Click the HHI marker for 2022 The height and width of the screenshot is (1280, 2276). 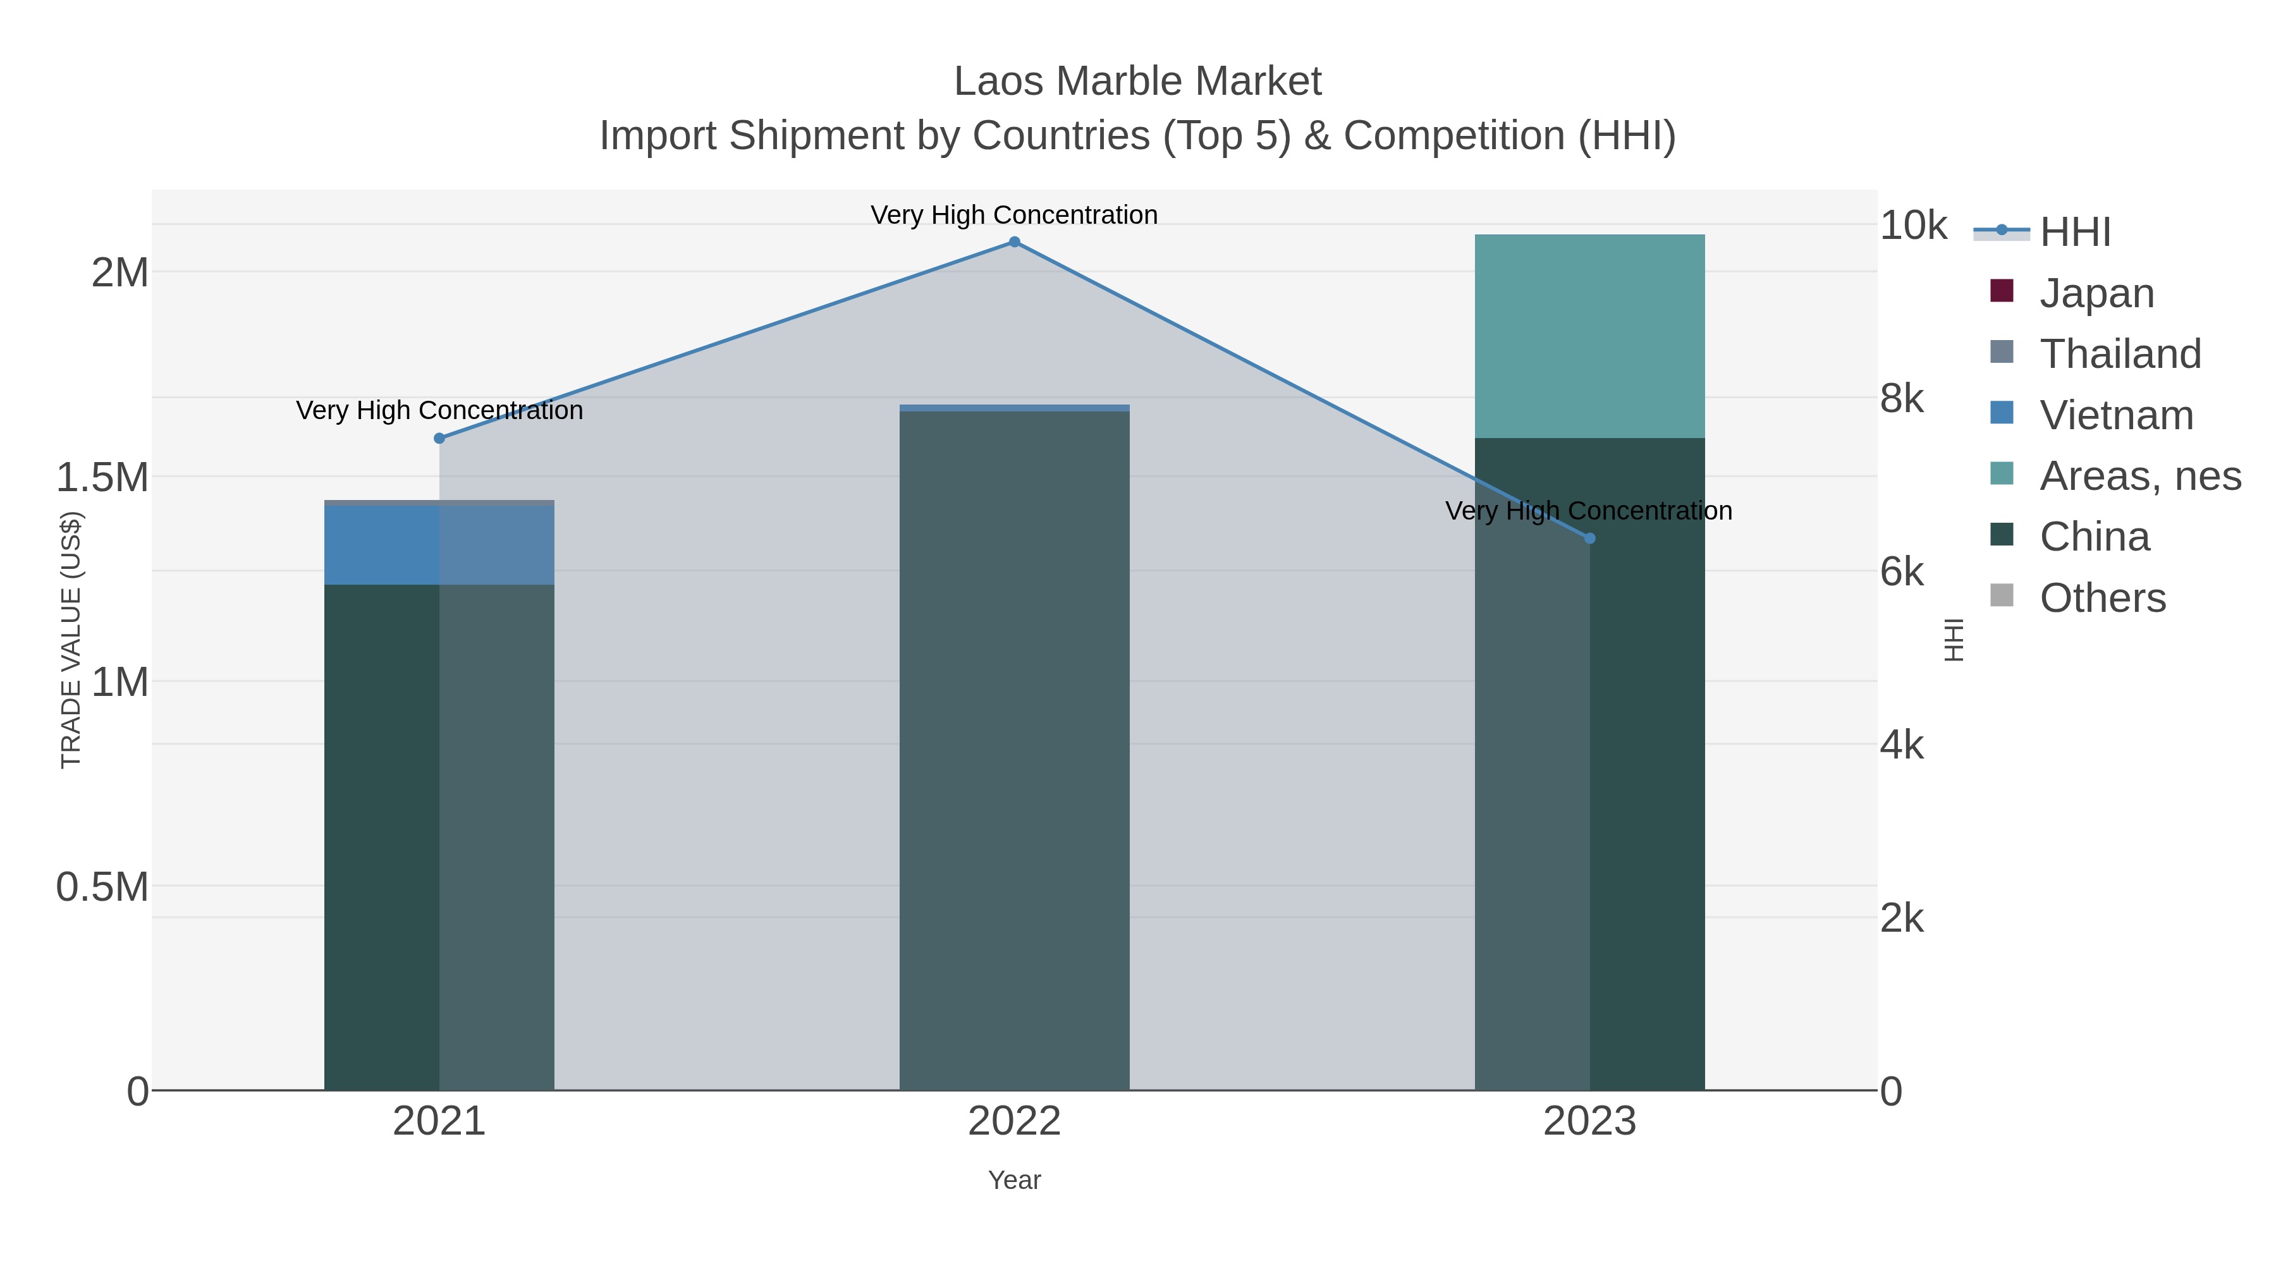(x=1014, y=242)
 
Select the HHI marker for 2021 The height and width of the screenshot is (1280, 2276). (x=439, y=438)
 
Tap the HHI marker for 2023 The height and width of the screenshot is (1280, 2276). (x=1589, y=538)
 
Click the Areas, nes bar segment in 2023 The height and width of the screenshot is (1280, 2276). (x=1589, y=336)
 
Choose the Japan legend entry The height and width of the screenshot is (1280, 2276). (x=2096, y=293)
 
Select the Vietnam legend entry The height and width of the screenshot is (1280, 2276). (x=2116, y=415)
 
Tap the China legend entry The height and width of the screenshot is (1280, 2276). (x=2094, y=537)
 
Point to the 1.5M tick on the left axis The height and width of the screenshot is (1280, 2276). (x=102, y=477)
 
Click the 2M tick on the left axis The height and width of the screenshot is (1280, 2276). (x=120, y=272)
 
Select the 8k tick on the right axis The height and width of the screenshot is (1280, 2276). (x=1901, y=398)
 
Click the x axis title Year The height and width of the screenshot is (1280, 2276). (x=1014, y=1180)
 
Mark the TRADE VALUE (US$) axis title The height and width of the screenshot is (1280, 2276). (x=71, y=640)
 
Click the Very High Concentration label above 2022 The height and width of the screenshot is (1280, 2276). (x=1014, y=215)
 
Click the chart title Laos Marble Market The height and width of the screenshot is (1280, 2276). (x=1137, y=82)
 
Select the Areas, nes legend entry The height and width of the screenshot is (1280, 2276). (x=2139, y=476)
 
